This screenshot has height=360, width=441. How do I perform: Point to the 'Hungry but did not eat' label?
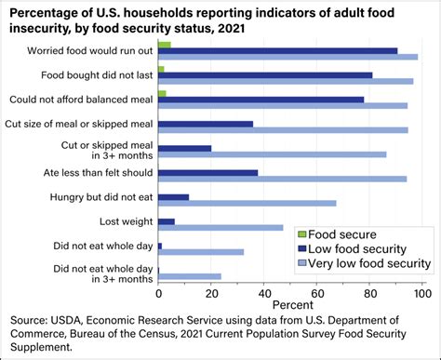click(100, 196)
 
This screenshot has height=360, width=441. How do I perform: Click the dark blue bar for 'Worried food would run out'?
click(277, 50)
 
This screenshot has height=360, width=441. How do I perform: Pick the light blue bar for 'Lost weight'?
click(220, 227)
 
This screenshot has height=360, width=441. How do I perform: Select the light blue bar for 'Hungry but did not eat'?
click(247, 203)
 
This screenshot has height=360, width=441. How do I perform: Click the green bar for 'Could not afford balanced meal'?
click(162, 93)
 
